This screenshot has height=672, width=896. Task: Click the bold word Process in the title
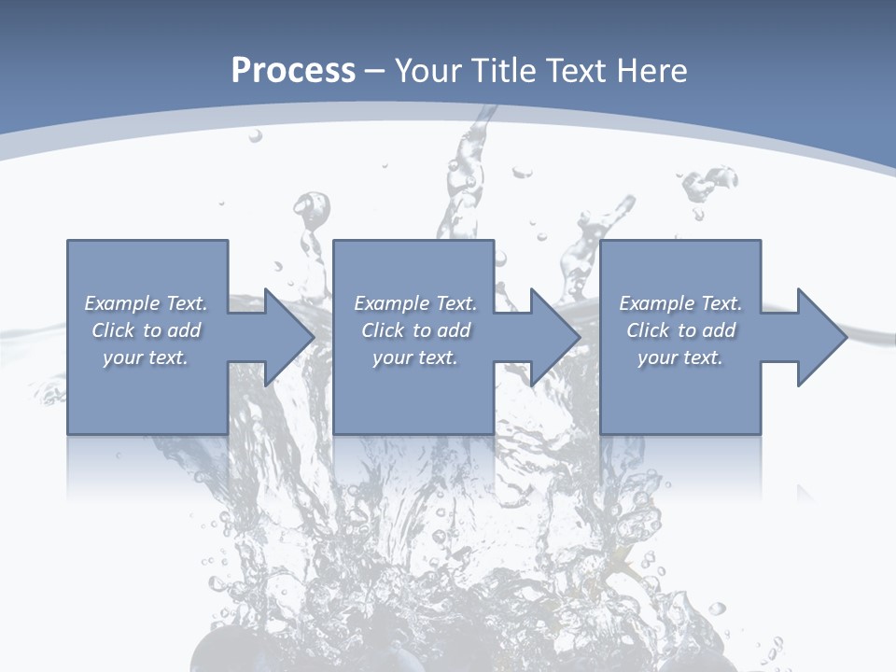click(x=293, y=71)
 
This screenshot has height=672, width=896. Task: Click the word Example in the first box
click(x=121, y=303)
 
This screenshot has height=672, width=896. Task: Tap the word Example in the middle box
click(x=391, y=303)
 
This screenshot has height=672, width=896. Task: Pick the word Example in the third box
click(x=656, y=303)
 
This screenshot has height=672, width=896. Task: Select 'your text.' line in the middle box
click(x=414, y=357)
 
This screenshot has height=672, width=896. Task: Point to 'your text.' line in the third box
click(x=679, y=357)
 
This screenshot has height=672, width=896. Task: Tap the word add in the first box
click(x=183, y=330)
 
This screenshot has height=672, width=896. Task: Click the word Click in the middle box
click(x=383, y=330)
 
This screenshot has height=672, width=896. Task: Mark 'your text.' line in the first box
click(x=145, y=357)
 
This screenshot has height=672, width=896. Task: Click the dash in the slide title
click(x=375, y=71)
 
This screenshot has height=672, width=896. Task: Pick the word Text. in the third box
click(x=720, y=303)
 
